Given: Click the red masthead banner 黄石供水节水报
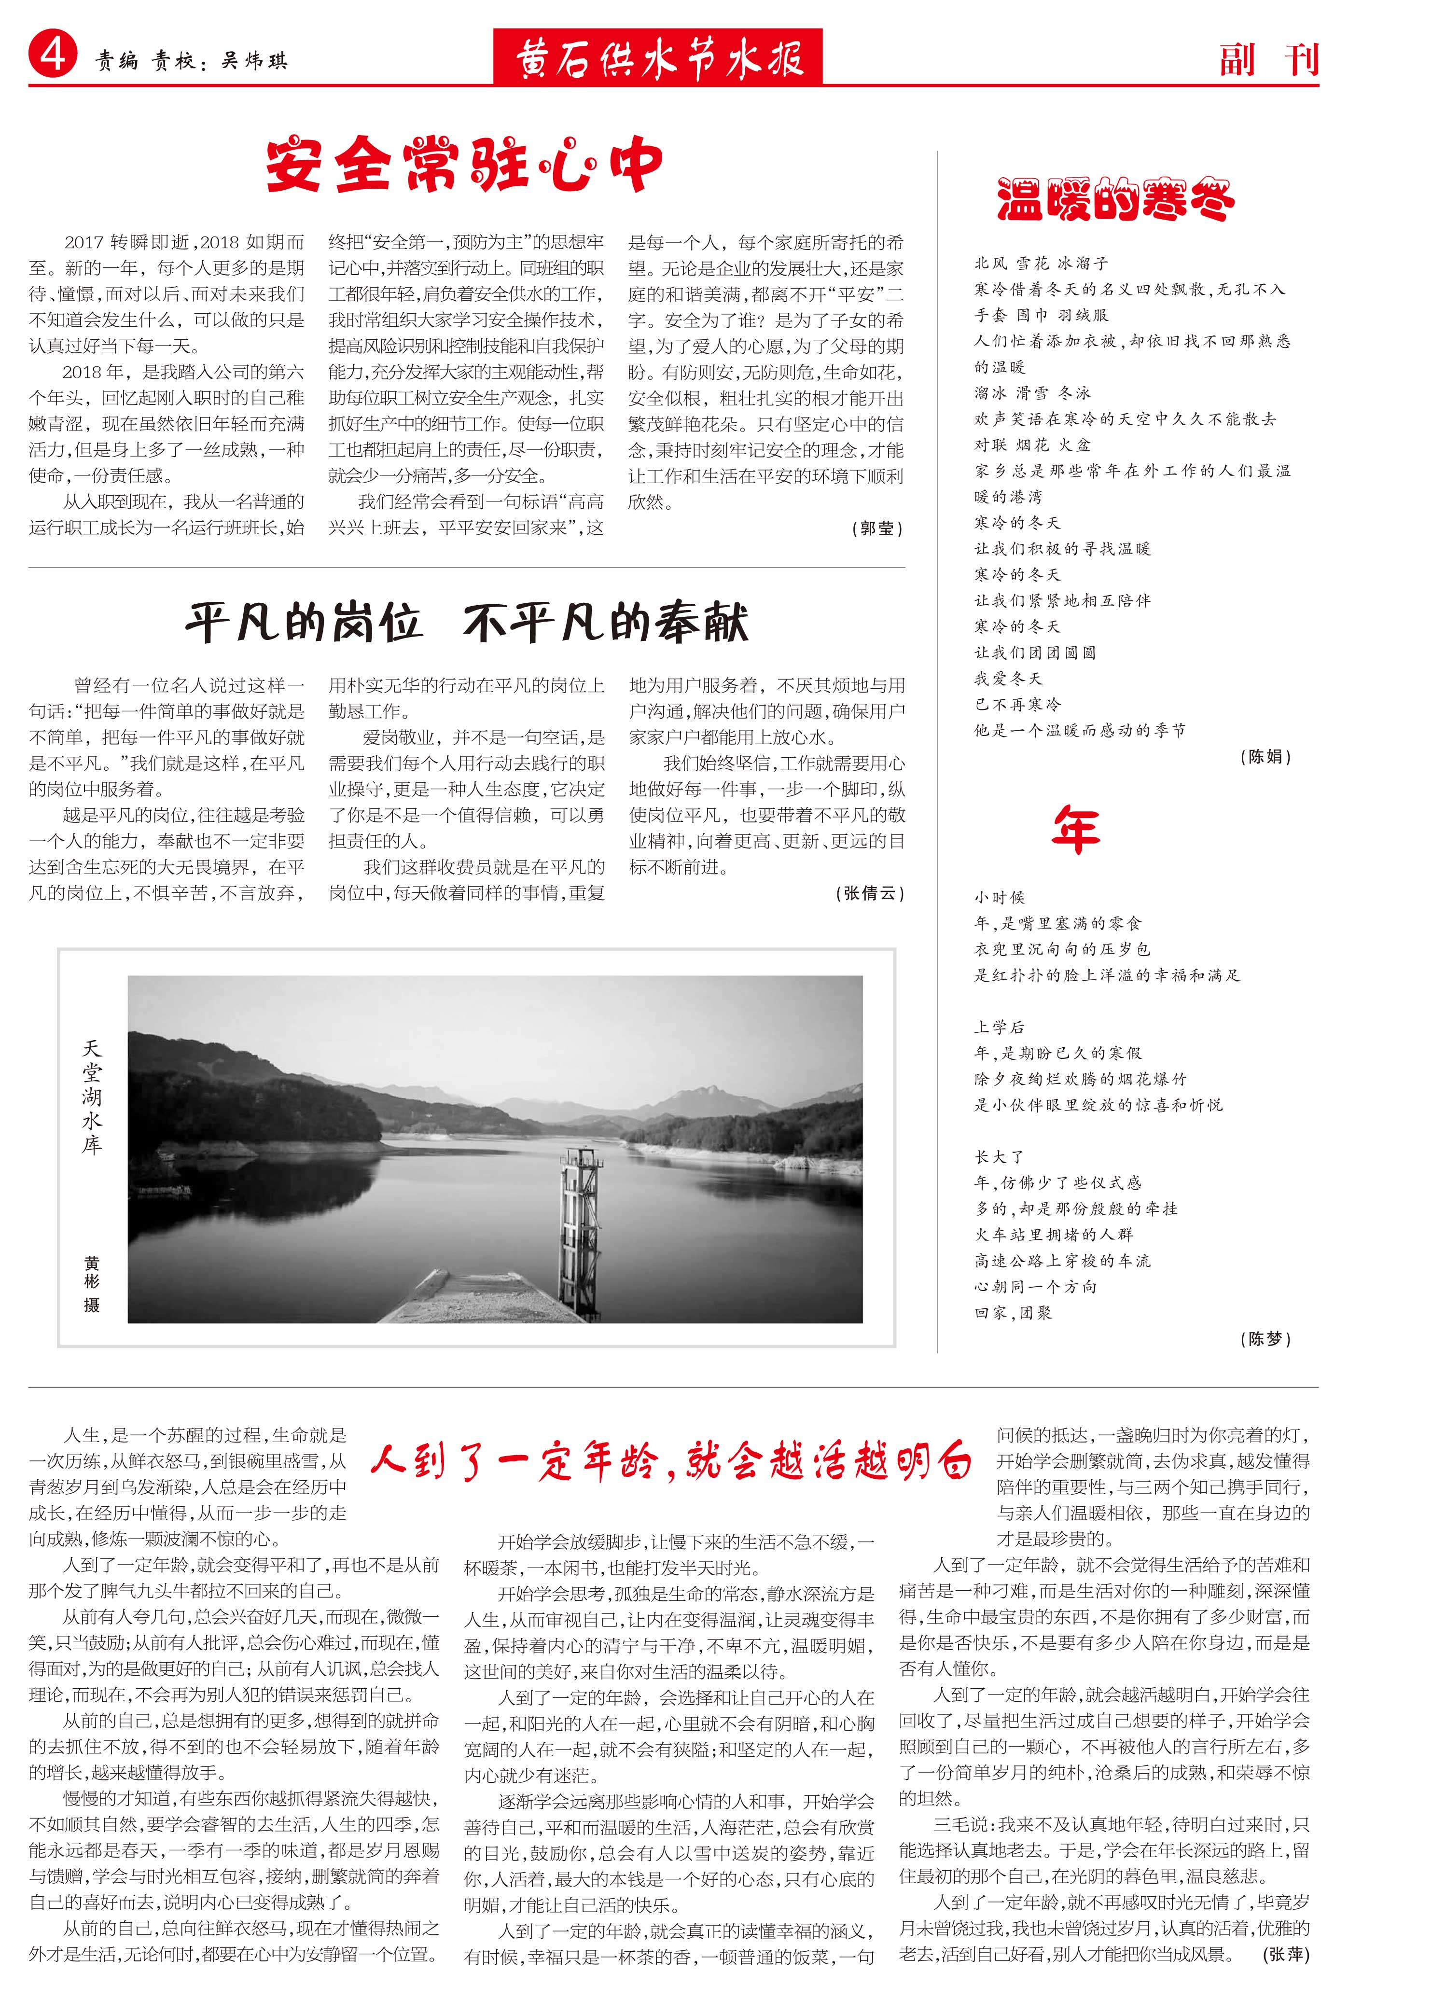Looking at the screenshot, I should coord(658,58).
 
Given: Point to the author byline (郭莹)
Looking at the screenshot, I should coord(877,528).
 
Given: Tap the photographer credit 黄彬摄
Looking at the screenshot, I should coord(92,1285).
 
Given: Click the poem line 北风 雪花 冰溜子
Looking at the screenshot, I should coord(1041,263).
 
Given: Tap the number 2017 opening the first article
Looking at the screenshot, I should coord(84,242).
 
